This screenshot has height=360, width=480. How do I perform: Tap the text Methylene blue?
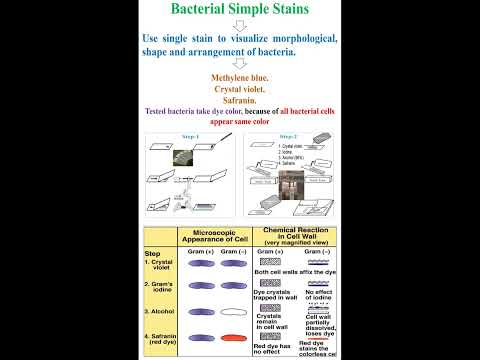(x=240, y=78)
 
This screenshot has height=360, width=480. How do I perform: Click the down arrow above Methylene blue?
(x=240, y=65)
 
